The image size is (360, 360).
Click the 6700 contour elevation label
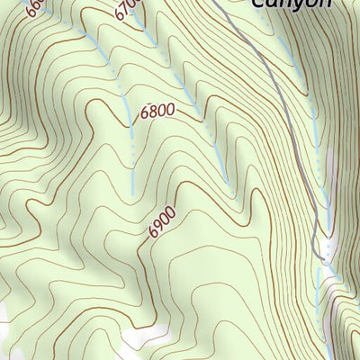pyautogui.click(x=128, y=11)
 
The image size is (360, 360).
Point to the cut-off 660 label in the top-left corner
pyautogui.click(x=35, y=8)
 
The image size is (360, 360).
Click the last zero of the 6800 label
pyautogui.click(x=169, y=112)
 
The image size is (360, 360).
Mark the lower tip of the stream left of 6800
pyautogui.click(x=133, y=193)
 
